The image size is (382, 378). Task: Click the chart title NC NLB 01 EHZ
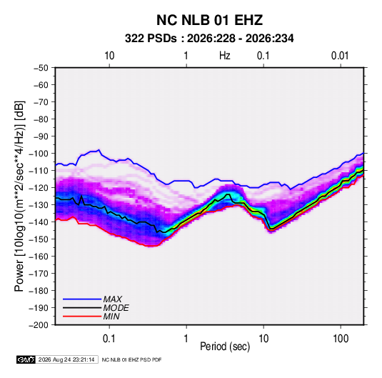[209, 20]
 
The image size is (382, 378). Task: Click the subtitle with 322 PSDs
[209, 39]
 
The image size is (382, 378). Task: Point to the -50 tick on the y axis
[41, 68]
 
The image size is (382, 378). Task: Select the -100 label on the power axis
[39, 154]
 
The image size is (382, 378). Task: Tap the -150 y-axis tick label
[39, 239]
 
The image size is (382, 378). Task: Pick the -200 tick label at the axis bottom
[39, 325]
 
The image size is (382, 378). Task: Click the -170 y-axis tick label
[39, 274]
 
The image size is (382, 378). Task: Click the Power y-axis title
[19, 197]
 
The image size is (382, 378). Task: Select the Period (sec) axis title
[225, 347]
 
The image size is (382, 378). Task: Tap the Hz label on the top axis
[225, 56]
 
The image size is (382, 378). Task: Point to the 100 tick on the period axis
[341, 339]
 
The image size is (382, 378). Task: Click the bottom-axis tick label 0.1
[109, 339]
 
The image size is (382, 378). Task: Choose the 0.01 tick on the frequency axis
[340, 56]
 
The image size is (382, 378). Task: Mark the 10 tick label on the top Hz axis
[109, 56]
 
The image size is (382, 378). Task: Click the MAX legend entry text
[113, 299]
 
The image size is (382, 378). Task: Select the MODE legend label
[116, 308]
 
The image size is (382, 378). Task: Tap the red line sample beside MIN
[82, 317]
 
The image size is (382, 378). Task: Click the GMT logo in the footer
[26, 359]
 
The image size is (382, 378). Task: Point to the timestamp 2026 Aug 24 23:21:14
[66, 359]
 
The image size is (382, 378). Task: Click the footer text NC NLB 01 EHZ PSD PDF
[131, 359]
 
